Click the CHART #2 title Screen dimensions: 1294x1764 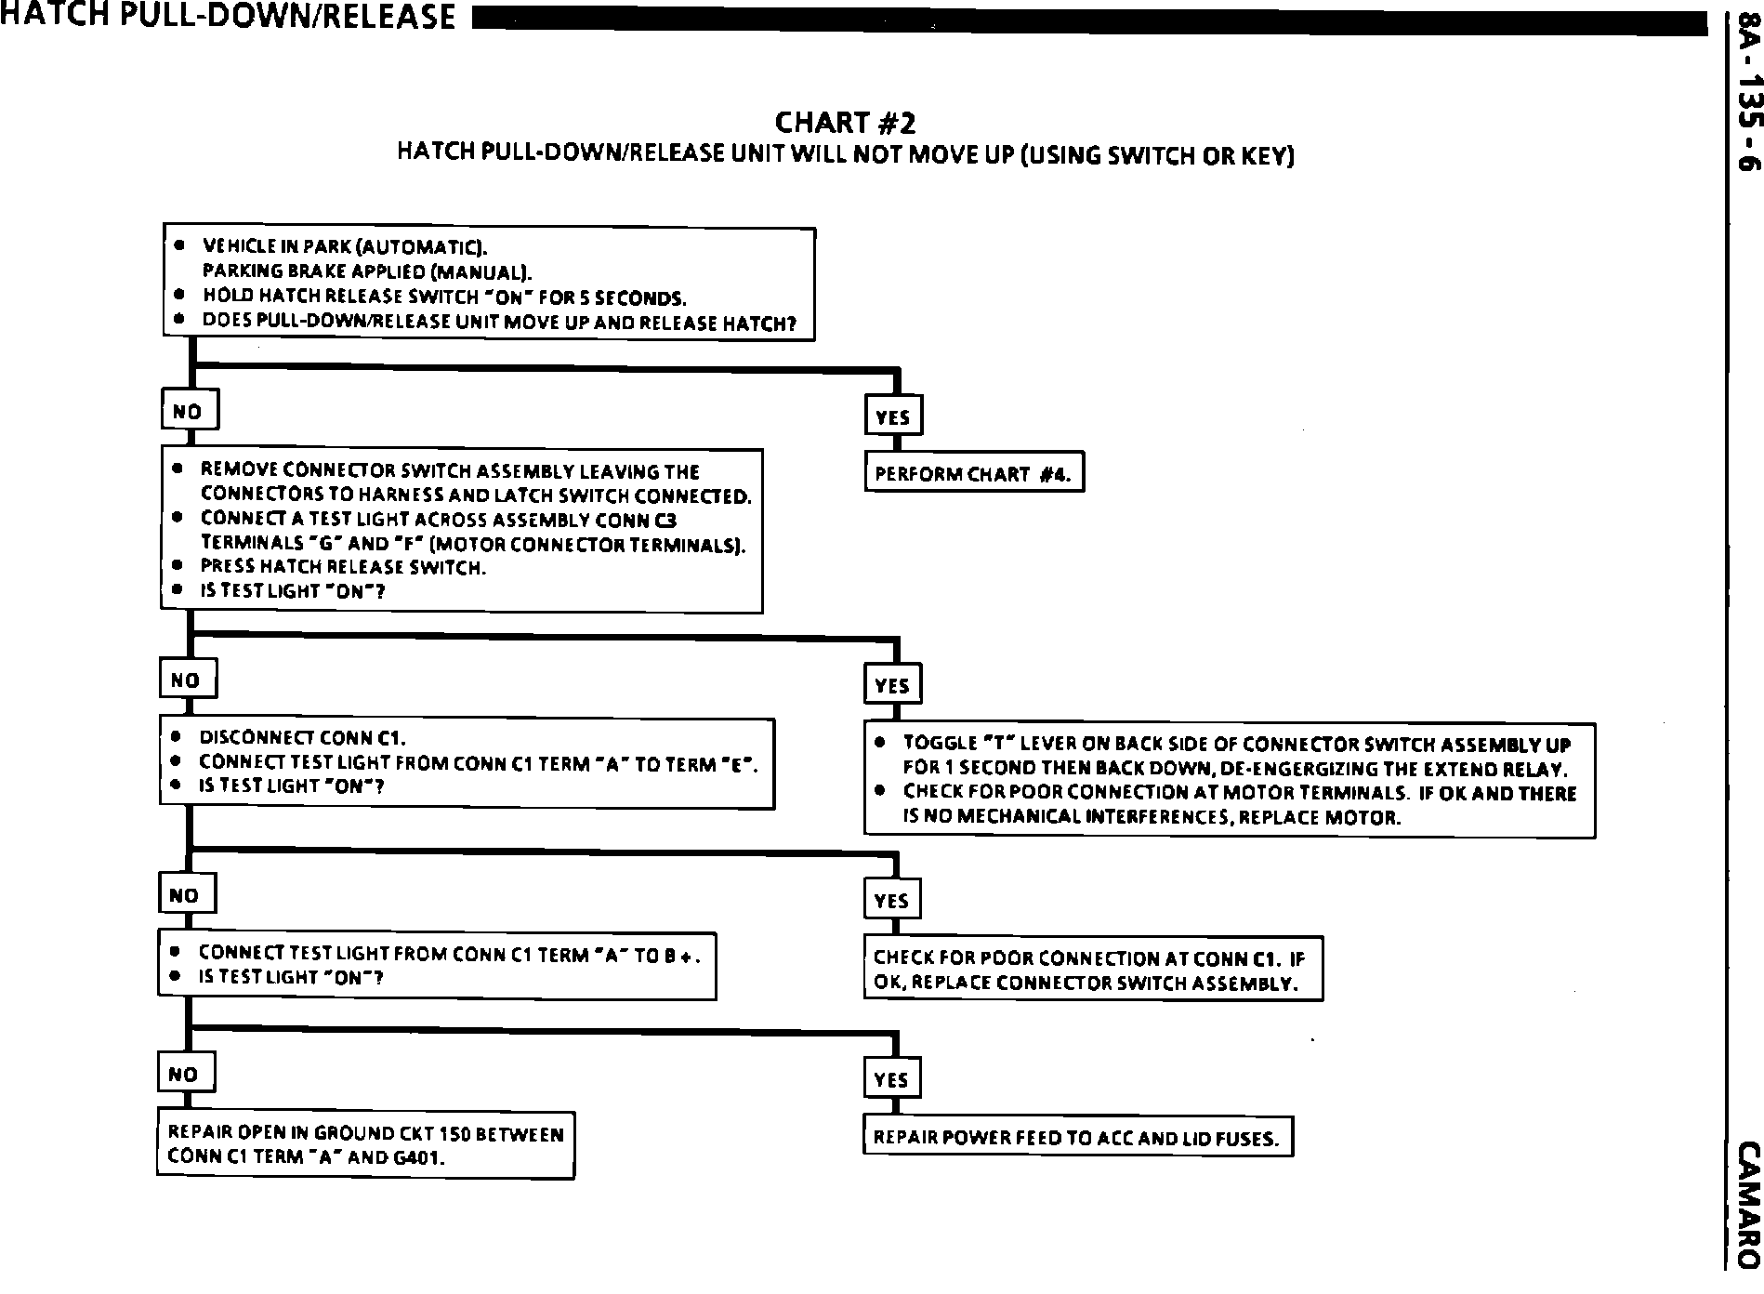tap(845, 123)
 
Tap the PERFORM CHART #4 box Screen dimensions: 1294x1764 tap(974, 474)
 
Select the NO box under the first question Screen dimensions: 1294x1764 tap(190, 411)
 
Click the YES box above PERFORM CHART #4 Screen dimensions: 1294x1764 tap(893, 417)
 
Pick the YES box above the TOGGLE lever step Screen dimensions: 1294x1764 tap(892, 686)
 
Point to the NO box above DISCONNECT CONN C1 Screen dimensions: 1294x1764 tap(187, 680)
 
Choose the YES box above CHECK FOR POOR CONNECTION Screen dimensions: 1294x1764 tap(892, 901)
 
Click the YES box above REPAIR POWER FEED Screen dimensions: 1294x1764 tap(891, 1079)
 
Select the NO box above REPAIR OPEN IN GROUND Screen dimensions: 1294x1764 tap(184, 1075)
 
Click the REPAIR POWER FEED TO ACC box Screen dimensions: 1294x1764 tap(1077, 1137)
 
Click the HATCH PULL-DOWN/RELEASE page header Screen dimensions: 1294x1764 tap(229, 16)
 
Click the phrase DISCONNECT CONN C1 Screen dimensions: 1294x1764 tap(303, 739)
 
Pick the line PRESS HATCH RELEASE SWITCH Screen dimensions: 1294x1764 tap(343, 567)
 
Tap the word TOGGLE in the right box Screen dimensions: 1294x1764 tap(937, 744)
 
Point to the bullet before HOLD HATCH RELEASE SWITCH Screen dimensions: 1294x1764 tap(179, 296)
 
